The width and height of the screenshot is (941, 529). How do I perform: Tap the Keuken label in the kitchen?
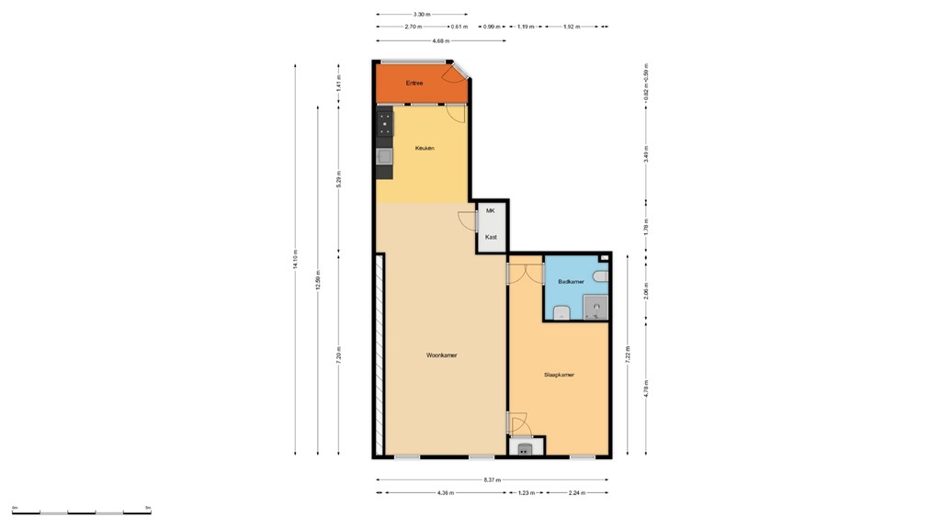coord(425,148)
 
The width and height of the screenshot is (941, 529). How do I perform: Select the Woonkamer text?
coord(442,355)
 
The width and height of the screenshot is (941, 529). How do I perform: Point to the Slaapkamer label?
coord(560,375)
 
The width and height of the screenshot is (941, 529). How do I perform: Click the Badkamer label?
coord(571,282)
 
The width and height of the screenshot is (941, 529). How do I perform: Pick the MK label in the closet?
coord(491,211)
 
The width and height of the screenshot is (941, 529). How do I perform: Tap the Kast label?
coord(491,238)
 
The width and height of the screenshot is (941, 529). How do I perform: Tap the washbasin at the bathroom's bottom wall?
coord(562,315)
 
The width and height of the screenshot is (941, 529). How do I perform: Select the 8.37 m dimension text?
coord(493,479)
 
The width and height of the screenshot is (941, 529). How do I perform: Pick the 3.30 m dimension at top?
coord(421,14)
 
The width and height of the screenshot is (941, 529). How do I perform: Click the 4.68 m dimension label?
coord(440,40)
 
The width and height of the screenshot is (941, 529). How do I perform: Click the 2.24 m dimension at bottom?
coord(577,493)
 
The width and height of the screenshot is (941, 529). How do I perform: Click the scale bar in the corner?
coord(82,512)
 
